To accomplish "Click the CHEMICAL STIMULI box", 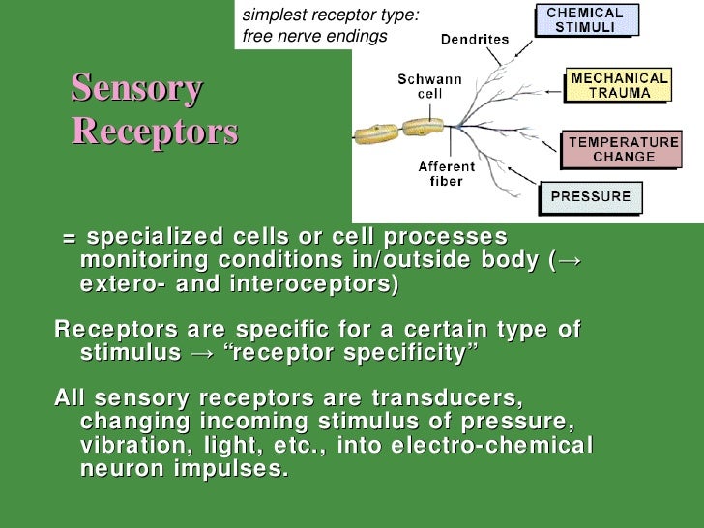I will tap(585, 20).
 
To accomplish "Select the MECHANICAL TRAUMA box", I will tap(619, 85).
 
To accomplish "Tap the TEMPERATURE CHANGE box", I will tap(623, 149).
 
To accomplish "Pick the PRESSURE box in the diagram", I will tap(590, 197).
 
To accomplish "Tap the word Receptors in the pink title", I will tap(154, 131).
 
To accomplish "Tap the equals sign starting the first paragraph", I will tap(69, 238).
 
